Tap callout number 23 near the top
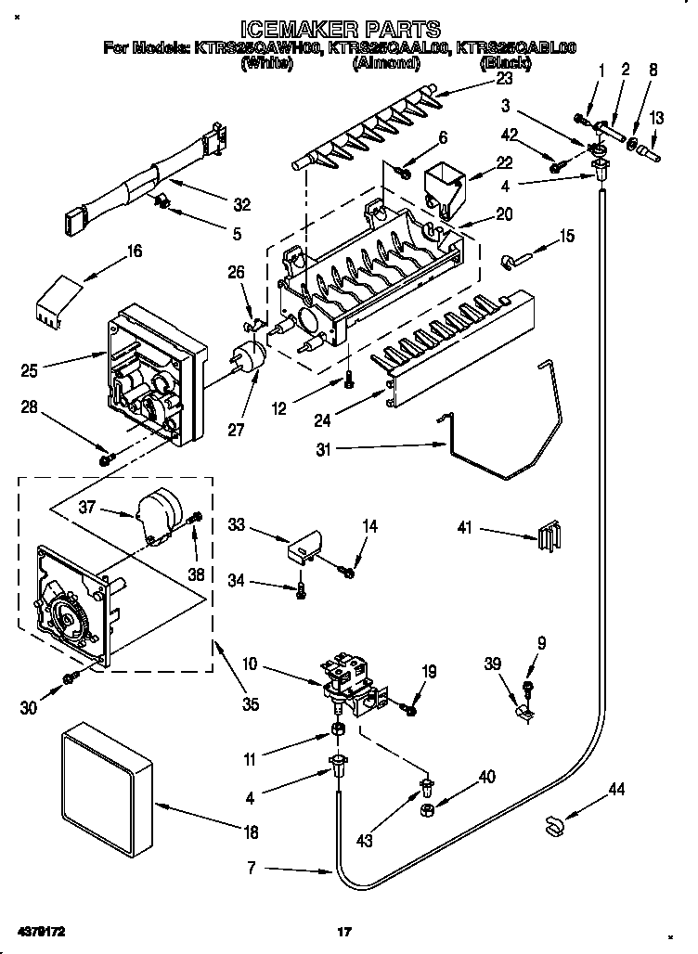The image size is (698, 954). (x=505, y=79)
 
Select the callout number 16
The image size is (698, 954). (x=135, y=251)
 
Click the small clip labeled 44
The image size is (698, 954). (x=554, y=821)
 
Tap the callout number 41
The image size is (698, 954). (x=465, y=529)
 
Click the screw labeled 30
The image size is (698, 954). (x=71, y=682)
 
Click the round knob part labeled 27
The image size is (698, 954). (x=247, y=355)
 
